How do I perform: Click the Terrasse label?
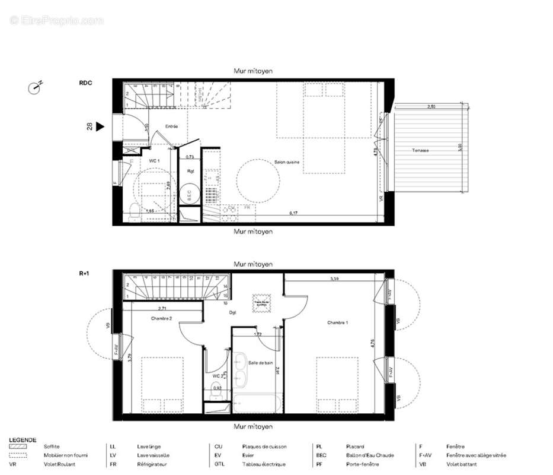click(x=421, y=151)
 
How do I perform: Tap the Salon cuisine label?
click(x=287, y=162)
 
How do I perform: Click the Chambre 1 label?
click(x=338, y=322)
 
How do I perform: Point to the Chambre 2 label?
click(x=161, y=319)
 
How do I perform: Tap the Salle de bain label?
click(x=260, y=362)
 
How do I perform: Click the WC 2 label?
click(x=217, y=376)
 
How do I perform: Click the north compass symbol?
click(x=35, y=88)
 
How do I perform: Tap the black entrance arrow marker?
click(x=100, y=126)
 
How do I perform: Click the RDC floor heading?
click(x=85, y=84)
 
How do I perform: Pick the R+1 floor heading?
click(x=85, y=274)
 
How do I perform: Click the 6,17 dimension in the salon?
click(x=293, y=212)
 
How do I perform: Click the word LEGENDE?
click(x=23, y=439)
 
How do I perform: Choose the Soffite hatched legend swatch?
click(x=19, y=446)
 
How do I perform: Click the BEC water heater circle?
click(x=190, y=195)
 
